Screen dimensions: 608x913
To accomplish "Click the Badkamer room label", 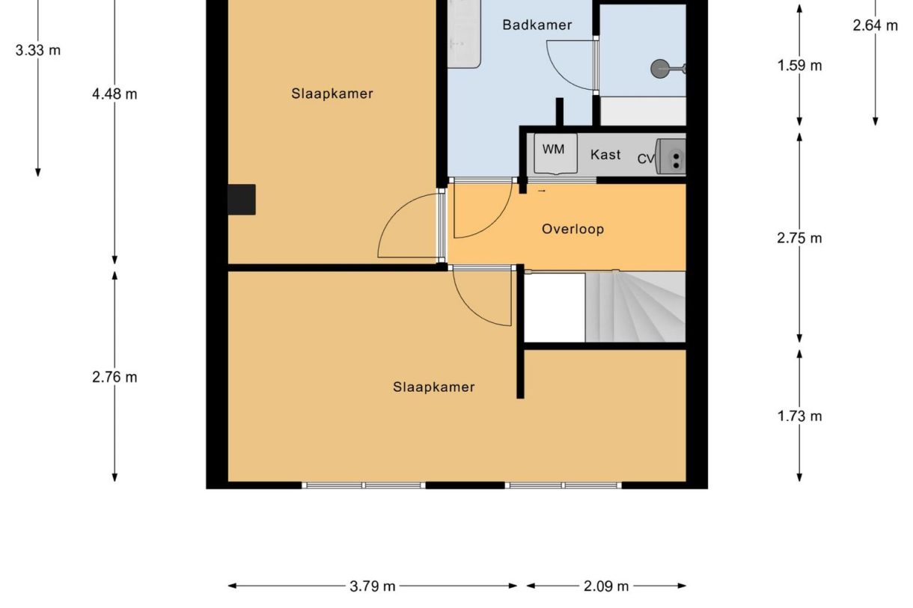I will (x=537, y=25).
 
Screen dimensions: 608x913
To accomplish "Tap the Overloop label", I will (x=572, y=229).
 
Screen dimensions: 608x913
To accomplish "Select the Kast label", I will (x=605, y=155).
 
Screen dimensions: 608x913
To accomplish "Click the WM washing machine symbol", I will (x=554, y=153).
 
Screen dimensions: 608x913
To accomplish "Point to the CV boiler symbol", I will (x=671, y=158).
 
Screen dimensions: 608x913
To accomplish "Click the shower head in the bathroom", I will (x=661, y=69).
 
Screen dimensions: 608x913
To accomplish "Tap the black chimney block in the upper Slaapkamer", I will (x=242, y=200).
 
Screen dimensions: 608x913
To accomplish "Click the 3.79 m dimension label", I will (x=373, y=586).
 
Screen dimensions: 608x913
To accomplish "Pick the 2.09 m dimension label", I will (x=606, y=586).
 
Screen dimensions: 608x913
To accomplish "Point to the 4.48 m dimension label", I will (x=114, y=94).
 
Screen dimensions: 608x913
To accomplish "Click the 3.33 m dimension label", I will (x=38, y=51).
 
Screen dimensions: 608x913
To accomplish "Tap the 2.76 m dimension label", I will (x=114, y=377).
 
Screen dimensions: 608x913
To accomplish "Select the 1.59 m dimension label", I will (x=799, y=66).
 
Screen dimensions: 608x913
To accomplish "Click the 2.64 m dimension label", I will (x=875, y=25).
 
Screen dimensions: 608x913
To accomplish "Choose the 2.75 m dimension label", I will (x=799, y=238).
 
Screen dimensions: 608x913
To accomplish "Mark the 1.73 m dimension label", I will (x=799, y=416).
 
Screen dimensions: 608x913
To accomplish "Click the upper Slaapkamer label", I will (x=332, y=93).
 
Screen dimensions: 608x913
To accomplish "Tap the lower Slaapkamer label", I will (x=433, y=387).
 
